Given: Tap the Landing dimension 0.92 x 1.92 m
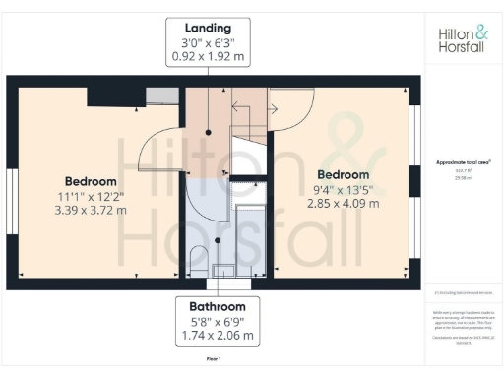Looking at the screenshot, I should pos(214,57).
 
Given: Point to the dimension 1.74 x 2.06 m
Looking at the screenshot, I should pos(214,336).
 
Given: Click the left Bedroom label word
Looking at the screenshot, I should pos(92,181).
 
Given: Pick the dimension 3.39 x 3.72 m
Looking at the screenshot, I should pos(92,211).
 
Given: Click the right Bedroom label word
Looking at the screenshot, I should pos(336,174).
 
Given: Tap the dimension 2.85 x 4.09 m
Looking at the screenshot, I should pos(336,204).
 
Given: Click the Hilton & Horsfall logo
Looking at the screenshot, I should pos(463,39).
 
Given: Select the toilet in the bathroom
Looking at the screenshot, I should pos(198,258).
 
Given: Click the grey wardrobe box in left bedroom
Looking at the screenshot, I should pos(157,94).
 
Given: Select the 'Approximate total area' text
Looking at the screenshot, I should pos(463,161).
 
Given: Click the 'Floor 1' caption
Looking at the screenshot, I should pos(214,361).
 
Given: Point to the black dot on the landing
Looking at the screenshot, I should pos(209,131).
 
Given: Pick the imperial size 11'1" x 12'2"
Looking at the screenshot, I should pos(92,196).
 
